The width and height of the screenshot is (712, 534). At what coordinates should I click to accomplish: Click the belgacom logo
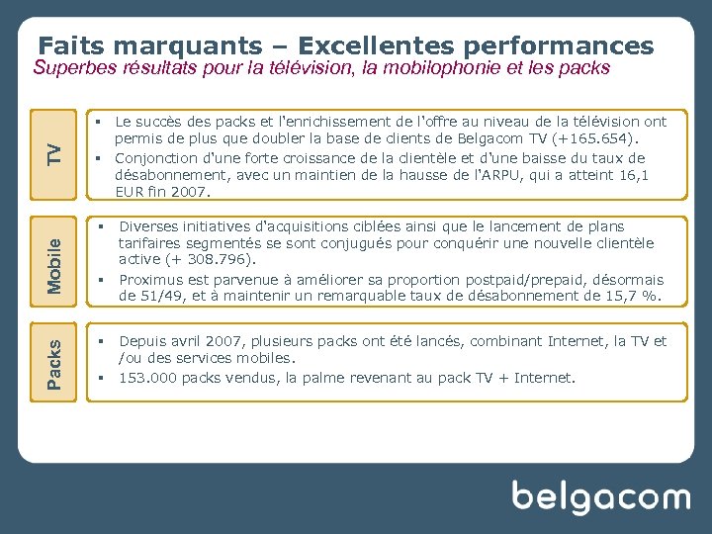pos(599,496)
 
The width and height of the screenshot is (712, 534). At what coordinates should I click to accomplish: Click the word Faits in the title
pos(72,46)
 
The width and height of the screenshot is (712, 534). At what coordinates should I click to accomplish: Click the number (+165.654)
pos(592,139)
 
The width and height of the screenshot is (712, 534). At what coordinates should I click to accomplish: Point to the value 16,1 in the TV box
pos(631,174)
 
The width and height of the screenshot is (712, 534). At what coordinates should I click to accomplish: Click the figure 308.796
pos(218,260)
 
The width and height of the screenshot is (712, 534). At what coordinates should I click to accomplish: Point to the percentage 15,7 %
pos(630,296)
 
